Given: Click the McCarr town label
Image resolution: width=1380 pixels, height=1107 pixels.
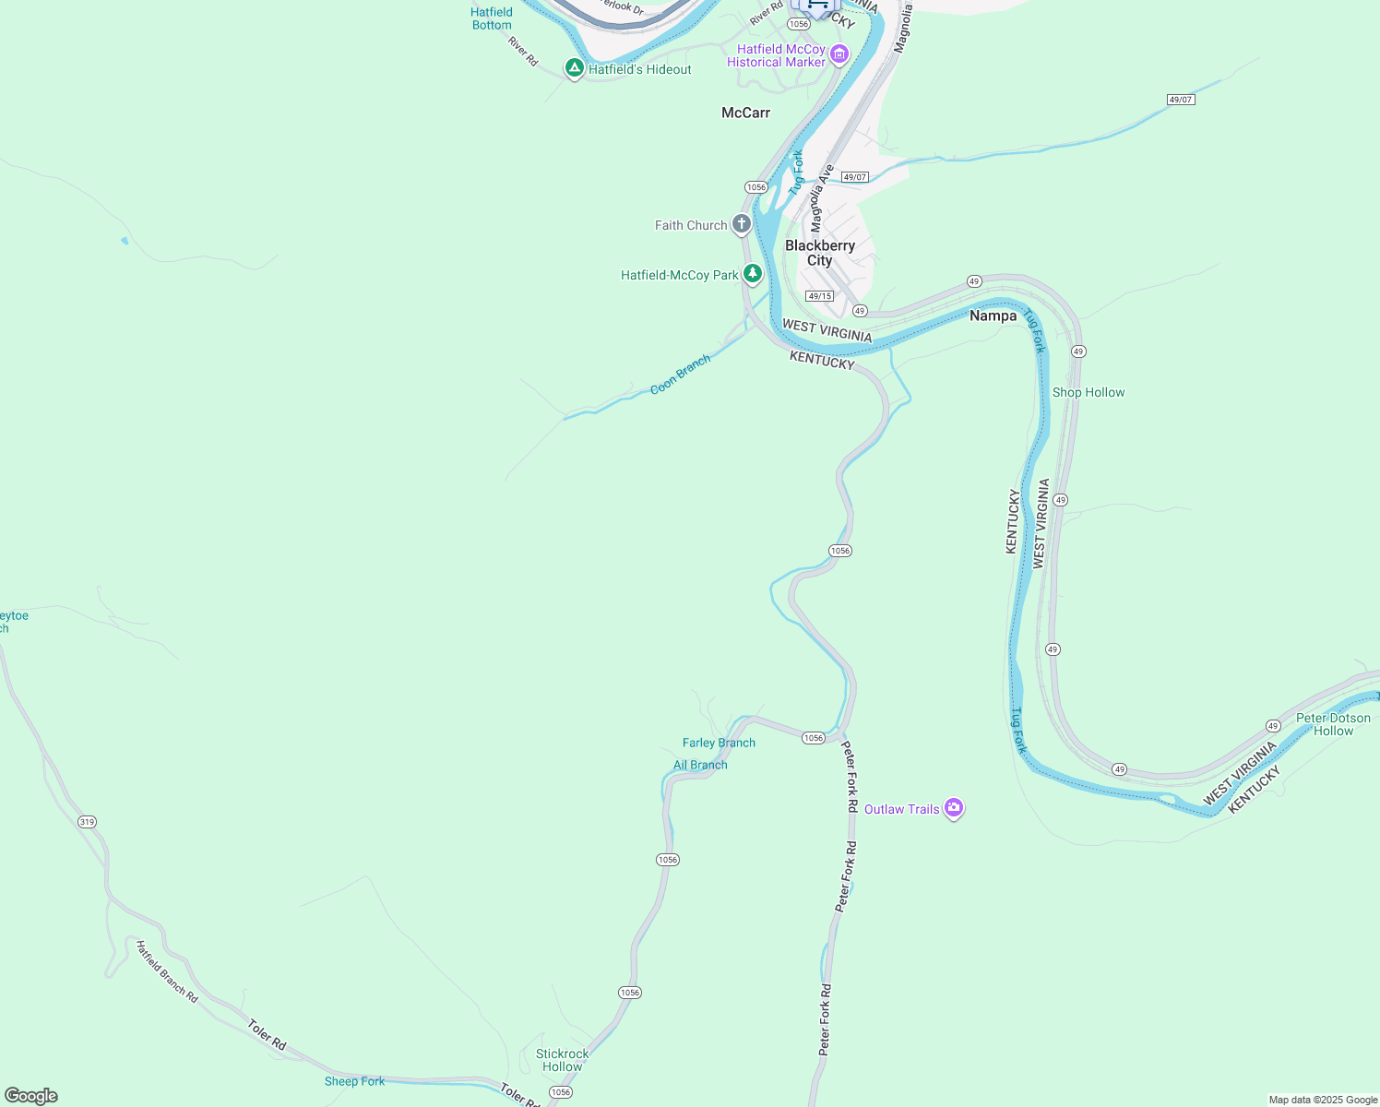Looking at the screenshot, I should click(745, 113).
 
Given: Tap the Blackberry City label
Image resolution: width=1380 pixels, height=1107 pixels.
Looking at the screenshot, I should click(820, 253).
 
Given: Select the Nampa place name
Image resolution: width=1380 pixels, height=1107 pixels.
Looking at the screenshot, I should click(993, 315).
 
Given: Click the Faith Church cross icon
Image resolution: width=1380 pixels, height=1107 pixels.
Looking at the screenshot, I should click(742, 224).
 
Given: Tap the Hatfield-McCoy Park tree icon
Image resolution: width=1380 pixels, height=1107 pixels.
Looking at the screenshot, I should click(753, 274).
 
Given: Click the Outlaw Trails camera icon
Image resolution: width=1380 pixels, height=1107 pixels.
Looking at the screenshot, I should click(954, 808).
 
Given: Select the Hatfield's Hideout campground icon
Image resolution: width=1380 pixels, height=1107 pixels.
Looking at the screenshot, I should click(574, 68).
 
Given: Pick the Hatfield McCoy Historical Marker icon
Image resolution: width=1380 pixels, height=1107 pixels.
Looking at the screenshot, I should click(839, 54).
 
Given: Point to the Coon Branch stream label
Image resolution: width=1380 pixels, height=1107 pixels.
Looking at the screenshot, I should click(680, 375).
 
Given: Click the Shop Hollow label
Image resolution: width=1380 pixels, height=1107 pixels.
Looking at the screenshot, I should click(1089, 392).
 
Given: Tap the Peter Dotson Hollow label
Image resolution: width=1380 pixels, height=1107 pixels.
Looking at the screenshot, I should click(1333, 724).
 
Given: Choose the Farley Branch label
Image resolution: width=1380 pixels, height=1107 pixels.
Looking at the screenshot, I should click(719, 743).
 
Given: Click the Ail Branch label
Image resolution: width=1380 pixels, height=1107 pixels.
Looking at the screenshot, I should click(700, 765).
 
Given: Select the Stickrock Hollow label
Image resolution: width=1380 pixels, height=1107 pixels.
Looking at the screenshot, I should click(562, 1060).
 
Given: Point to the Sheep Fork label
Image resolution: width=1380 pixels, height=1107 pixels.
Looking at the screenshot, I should click(354, 1081).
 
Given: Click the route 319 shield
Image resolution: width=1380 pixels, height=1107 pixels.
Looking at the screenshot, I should click(87, 822).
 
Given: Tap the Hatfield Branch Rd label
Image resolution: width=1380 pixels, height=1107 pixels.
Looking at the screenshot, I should click(167, 971).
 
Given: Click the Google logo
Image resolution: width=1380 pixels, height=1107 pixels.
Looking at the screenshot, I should click(31, 1096).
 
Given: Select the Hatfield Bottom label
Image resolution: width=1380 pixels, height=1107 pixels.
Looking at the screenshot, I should click(492, 18).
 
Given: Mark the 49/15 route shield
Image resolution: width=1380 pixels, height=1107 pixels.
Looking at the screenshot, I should click(819, 296).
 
